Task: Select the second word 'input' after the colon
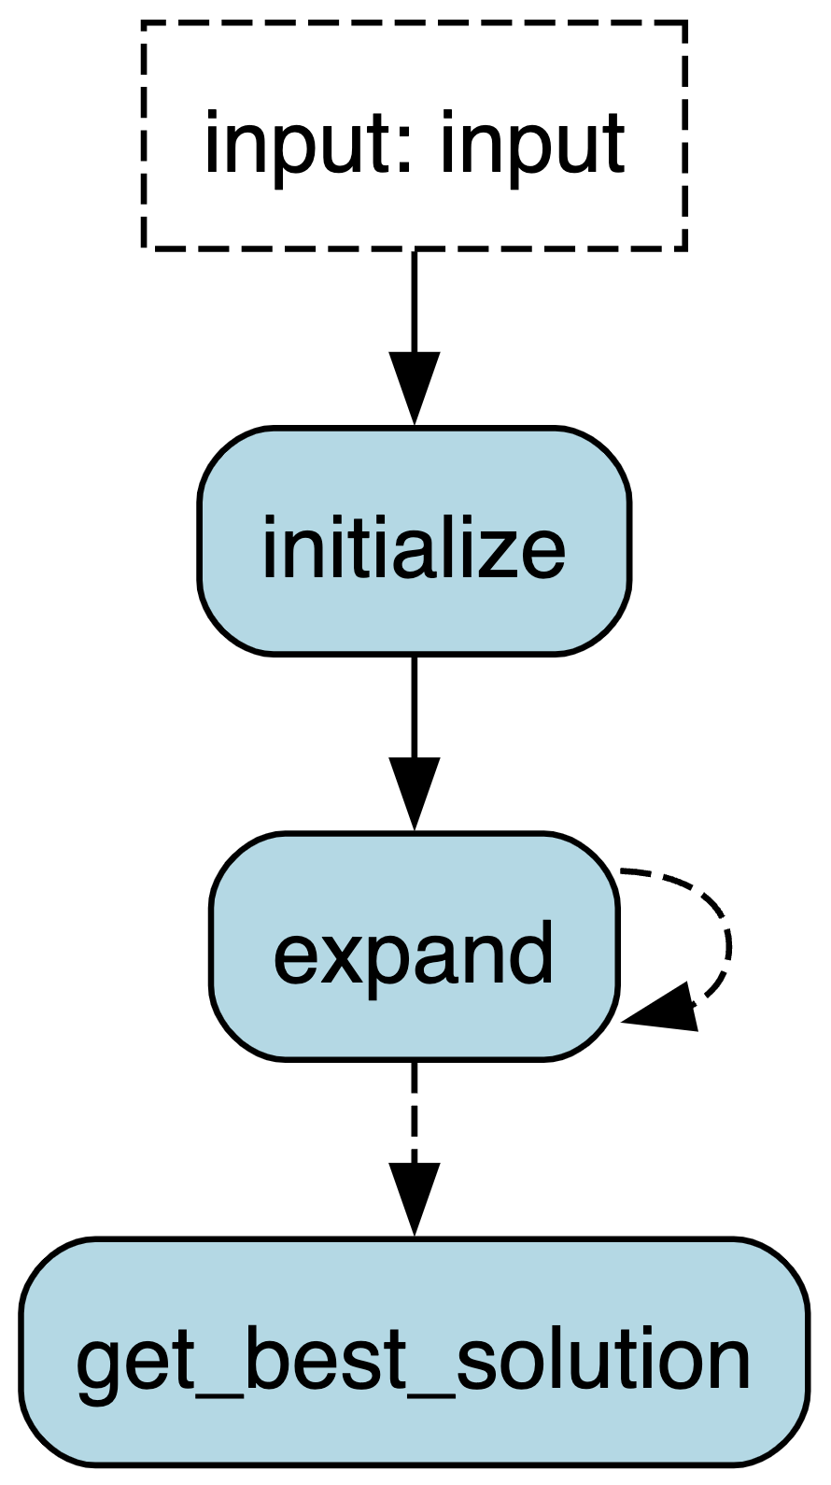pos(532,145)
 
